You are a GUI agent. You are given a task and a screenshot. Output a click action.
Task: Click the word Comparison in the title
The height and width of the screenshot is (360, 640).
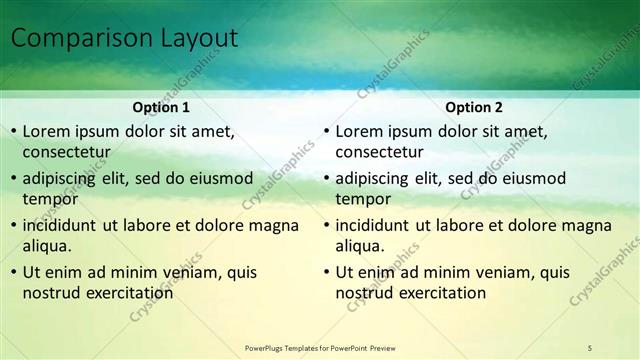point(80,39)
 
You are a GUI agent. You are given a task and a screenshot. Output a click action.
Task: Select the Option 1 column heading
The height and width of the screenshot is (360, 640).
point(161,107)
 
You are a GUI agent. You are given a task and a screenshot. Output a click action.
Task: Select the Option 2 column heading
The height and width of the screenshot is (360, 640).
point(474,107)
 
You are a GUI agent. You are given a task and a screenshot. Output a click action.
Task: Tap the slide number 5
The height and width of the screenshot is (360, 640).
point(590,347)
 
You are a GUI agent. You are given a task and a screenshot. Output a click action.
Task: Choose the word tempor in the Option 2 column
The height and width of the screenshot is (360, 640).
point(363,198)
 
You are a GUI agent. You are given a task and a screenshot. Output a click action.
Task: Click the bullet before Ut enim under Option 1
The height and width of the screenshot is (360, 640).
point(12,272)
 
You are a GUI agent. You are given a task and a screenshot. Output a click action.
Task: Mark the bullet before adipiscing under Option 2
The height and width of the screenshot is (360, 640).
point(326,179)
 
